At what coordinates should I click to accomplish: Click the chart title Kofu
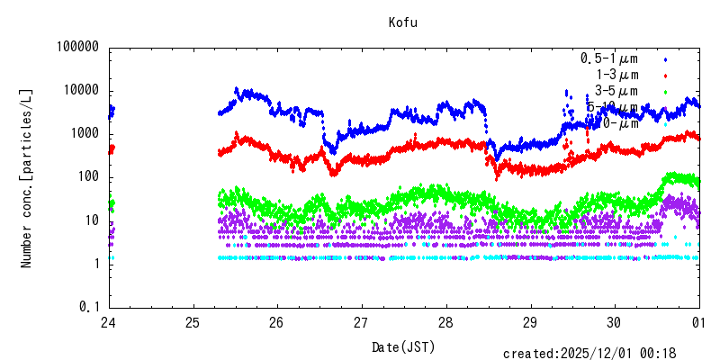403,22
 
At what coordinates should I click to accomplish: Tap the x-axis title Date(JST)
403,346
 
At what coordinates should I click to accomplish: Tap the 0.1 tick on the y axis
87,307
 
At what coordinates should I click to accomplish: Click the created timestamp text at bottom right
601,354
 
